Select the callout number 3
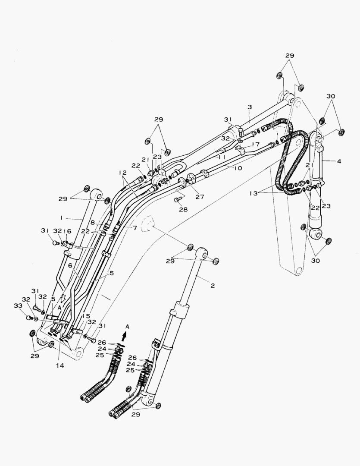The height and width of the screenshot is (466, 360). (x=249, y=107)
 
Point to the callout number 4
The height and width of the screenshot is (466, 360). (x=339, y=161)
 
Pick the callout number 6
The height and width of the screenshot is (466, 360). (x=70, y=266)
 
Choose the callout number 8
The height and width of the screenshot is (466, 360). (x=93, y=223)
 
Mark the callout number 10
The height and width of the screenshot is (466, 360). (x=238, y=167)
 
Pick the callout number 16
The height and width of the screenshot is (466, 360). (x=67, y=231)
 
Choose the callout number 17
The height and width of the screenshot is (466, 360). (x=256, y=144)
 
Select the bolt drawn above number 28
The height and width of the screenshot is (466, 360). (x=176, y=200)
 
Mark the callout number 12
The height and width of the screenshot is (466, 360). (x=123, y=173)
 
